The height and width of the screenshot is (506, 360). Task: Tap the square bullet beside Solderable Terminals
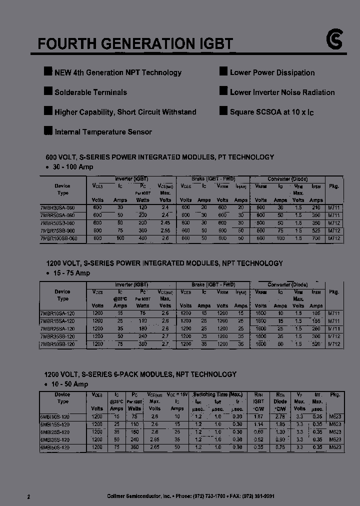tap(48, 91)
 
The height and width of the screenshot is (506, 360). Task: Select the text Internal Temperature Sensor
tap(103, 132)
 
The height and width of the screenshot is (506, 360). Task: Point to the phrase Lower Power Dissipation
tap(272, 72)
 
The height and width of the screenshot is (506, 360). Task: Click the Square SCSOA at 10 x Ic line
tap(271, 112)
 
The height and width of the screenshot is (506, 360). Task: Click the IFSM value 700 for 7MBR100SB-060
tap(316, 239)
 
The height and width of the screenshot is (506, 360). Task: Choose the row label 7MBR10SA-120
tap(57, 313)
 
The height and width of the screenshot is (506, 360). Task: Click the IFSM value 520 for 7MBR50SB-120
tap(316, 344)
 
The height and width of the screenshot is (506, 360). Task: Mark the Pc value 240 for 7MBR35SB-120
tap(142, 336)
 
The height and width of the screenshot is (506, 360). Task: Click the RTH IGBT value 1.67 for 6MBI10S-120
tap(258, 416)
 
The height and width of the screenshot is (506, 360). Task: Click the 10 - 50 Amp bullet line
tap(69, 384)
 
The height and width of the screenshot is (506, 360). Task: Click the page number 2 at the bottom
tap(28, 496)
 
